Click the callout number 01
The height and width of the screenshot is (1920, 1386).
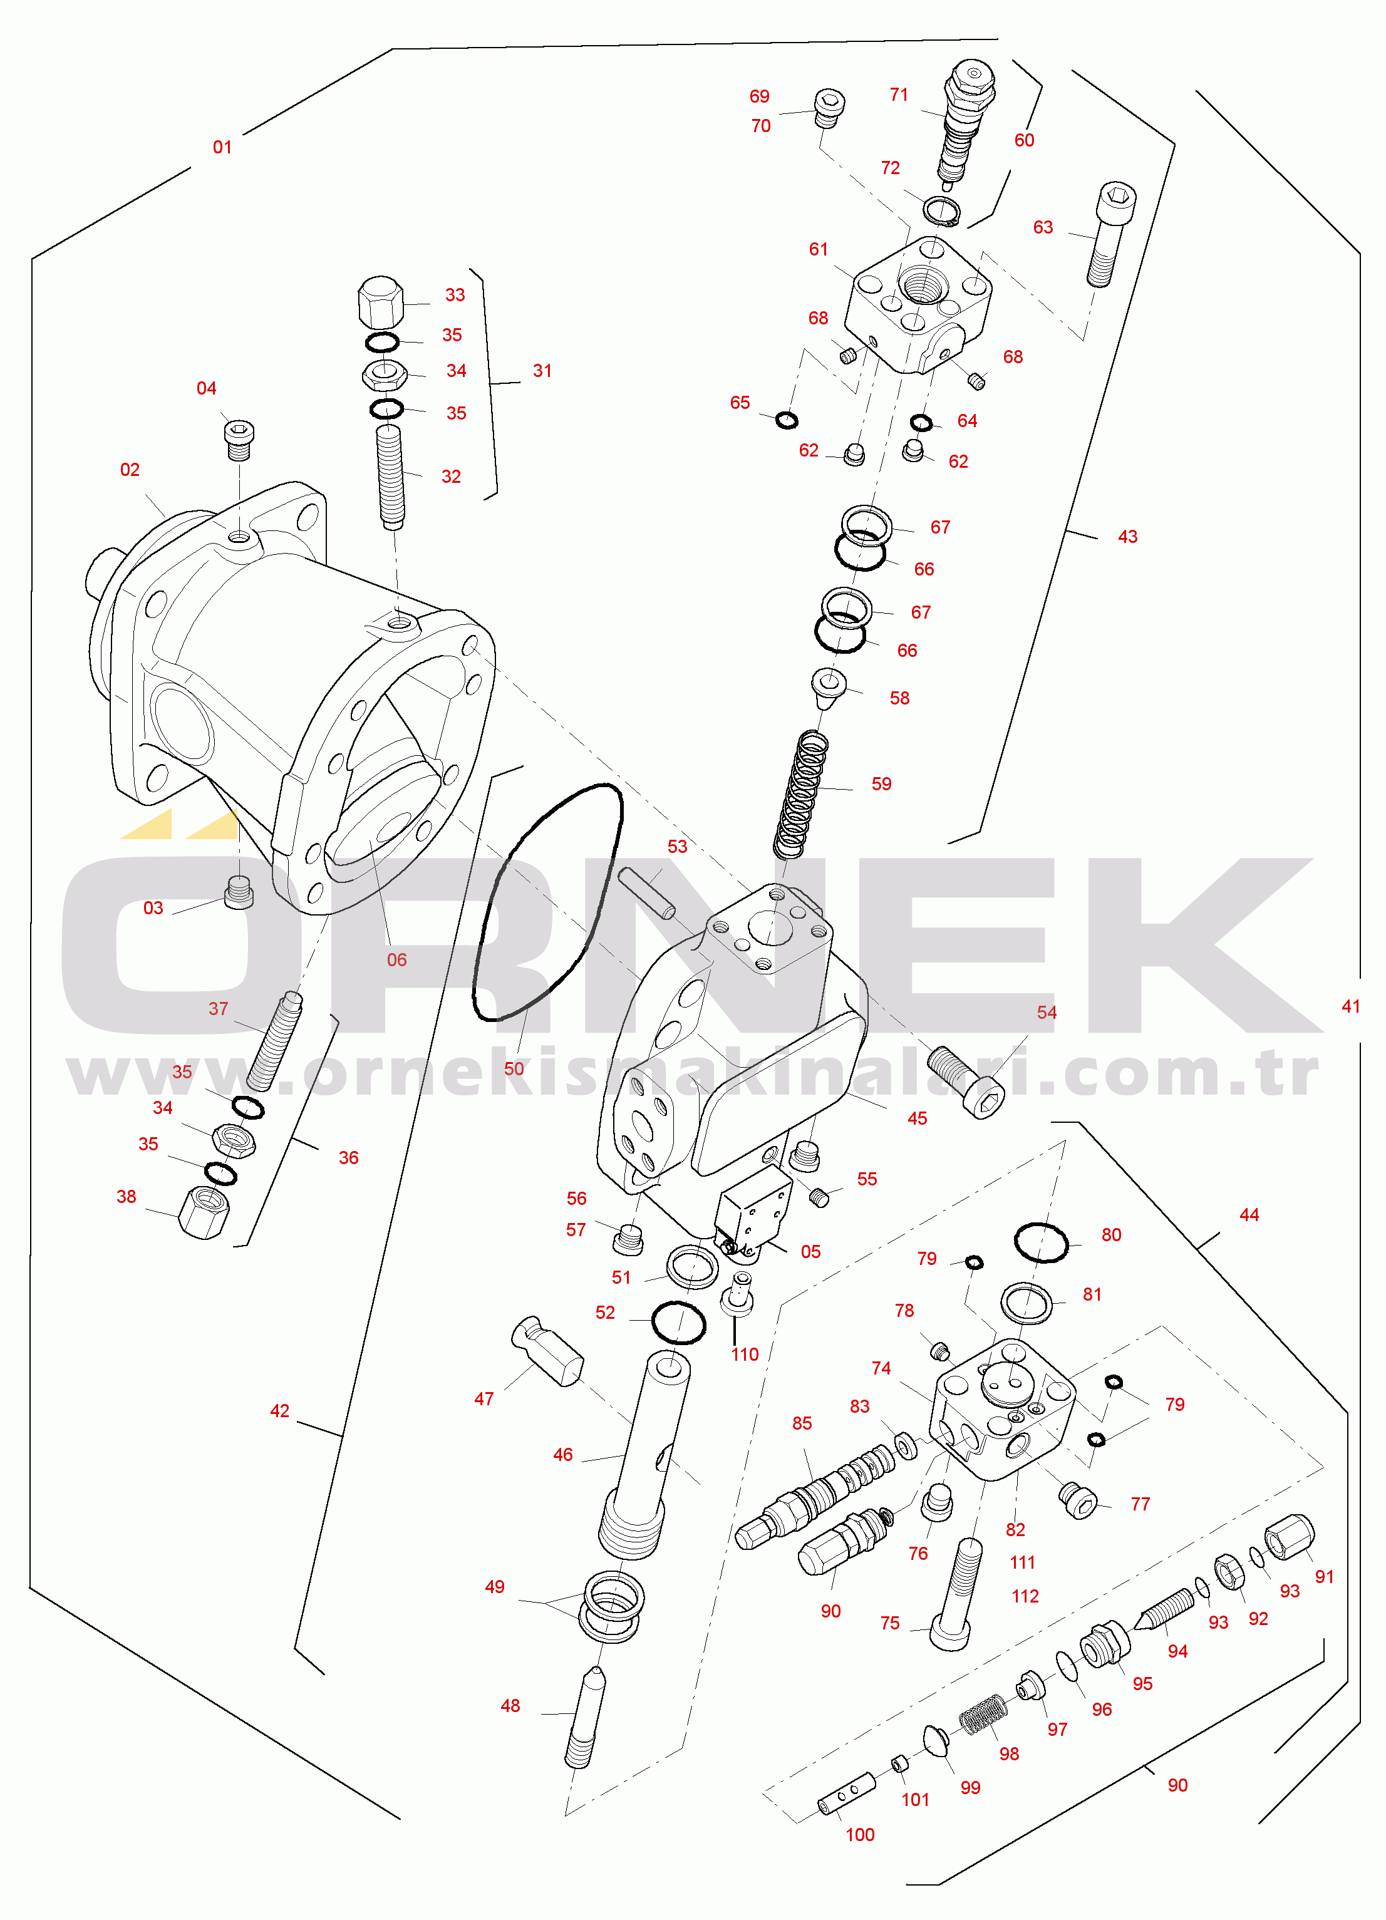222,147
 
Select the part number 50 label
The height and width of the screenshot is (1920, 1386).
514,1069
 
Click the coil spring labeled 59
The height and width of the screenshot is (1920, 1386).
800,794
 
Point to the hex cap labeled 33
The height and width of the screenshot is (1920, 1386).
381,302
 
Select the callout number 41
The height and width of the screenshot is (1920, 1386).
1350,1006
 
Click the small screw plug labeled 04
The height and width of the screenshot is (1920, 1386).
240,440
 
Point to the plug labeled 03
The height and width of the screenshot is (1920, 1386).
240,892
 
